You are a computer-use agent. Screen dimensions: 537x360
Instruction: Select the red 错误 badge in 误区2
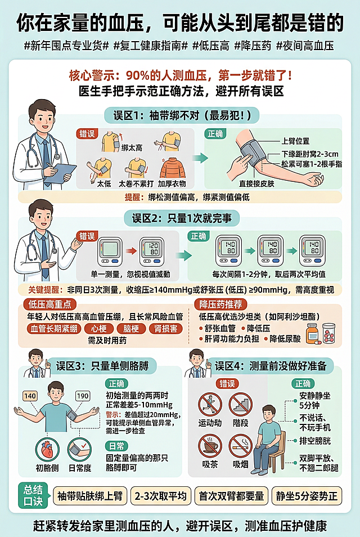click(86, 236)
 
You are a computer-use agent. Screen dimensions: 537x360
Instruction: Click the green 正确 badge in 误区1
click(215, 134)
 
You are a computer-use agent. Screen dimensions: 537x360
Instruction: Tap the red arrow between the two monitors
click(130, 251)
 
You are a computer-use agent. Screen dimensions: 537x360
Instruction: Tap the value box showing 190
click(83, 396)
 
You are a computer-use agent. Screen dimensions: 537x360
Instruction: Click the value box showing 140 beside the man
click(30, 396)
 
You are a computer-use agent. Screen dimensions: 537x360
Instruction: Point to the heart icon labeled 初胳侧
click(47, 450)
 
